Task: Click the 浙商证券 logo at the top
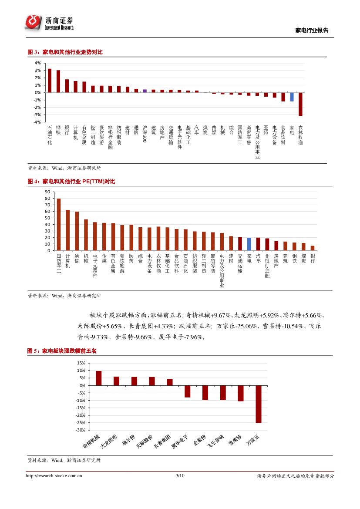point(49,22)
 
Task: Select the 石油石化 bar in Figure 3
point(49,81)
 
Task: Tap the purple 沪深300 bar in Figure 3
point(145,91)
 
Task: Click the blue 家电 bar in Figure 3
point(292,97)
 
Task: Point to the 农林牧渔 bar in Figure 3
point(300,104)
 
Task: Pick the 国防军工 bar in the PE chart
point(59,224)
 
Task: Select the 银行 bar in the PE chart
point(313,248)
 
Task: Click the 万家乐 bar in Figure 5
point(259,404)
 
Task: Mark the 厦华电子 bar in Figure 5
point(187,391)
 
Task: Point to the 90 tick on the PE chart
point(47,192)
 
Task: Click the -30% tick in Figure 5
point(80,430)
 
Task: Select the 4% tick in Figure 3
point(38,63)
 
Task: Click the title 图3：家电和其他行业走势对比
point(65,52)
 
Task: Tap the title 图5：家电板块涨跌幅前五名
point(62,350)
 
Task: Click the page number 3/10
point(180,476)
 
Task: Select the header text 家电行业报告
point(312,30)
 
